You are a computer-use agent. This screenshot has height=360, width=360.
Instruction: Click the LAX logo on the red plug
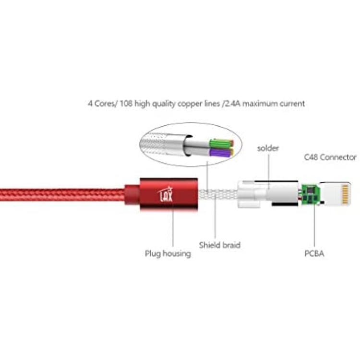166,194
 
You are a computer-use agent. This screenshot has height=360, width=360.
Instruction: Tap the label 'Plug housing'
168,254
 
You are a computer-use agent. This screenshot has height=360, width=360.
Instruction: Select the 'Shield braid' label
220,245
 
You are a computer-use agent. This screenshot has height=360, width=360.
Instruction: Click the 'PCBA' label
314,253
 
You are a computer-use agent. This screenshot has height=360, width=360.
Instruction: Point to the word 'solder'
268,148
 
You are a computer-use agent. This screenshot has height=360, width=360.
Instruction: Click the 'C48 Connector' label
330,157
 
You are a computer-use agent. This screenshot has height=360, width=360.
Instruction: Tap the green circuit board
310,194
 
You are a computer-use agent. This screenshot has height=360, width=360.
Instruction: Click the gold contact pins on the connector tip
345,195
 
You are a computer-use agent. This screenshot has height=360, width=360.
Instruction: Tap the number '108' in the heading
126,104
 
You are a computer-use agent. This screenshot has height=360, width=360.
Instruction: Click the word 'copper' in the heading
190,104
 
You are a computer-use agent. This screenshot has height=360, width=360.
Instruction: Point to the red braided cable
62,195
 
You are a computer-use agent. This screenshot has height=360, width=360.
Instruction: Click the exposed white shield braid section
217,194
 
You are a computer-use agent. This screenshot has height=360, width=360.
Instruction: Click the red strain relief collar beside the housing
132,194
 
